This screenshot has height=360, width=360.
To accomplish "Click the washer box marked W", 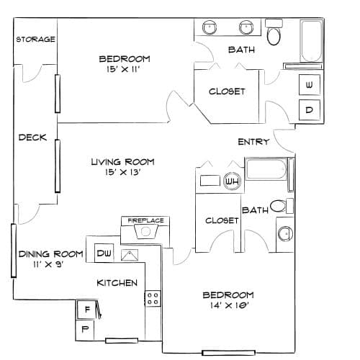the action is (x=310, y=85).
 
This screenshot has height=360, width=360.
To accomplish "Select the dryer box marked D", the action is (x=310, y=110).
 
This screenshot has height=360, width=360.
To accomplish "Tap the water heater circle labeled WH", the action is (x=232, y=181).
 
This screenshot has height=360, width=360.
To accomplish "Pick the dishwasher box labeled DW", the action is (x=104, y=253).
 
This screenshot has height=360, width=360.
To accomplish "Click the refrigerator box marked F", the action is (x=87, y=309).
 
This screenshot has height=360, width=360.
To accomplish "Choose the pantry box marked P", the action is (x=85, y=330).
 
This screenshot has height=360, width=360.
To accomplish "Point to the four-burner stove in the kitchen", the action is (x=153, y=298).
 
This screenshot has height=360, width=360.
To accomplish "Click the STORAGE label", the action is (x=35, y=39).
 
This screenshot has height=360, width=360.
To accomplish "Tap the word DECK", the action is (x=32, y=138).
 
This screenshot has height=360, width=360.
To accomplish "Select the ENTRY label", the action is (x=253, y=142).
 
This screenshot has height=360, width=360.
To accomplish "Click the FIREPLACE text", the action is (x=145, y=220).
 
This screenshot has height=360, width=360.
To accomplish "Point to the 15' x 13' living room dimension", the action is (x=122, y=172).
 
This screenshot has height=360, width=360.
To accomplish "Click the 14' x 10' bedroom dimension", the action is (x=229, y=305).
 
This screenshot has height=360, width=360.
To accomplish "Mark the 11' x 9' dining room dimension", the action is (x=48, y=264).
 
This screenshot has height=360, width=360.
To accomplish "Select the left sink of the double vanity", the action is (x=210, y=27).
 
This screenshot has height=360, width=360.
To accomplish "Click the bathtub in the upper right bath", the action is (x=311, y=41).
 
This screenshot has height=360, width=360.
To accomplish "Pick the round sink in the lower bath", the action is (x=285, y=233).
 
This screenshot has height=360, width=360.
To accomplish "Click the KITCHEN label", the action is (x=117, y=283).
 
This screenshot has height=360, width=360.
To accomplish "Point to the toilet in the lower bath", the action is (x=282, y=206).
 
